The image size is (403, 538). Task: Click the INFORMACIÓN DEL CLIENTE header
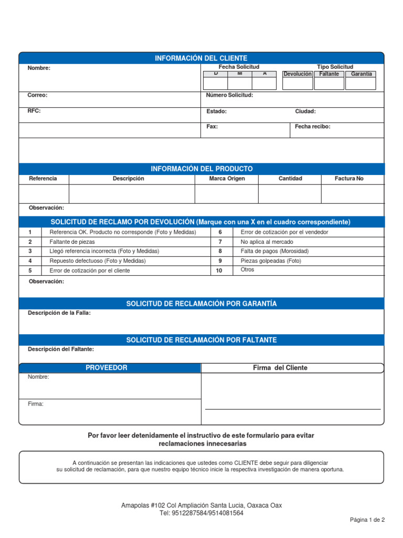[201, 58]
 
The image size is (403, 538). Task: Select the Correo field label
[37, 95]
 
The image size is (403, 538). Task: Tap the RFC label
[34, 111]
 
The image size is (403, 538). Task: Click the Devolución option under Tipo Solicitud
[298, 74]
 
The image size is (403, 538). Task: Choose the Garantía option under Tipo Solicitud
[362, 74]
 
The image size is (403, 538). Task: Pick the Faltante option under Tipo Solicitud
[330, 74]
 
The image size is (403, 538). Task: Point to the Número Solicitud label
[230, 95]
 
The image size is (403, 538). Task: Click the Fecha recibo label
[313, 127]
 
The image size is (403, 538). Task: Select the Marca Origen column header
[227, 179]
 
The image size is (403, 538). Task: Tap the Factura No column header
[349, 179]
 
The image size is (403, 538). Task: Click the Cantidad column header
[290, 179]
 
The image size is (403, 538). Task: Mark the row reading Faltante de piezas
[72, 242]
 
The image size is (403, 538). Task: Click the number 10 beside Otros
[219, 271]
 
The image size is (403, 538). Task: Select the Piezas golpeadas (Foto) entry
[271, 261]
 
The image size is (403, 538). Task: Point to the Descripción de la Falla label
[59, 313]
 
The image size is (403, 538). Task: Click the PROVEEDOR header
[107, 368]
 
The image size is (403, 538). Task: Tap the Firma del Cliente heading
[280, 368]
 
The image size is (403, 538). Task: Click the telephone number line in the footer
[201, 513]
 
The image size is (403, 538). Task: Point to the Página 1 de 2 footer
[367, 520]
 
